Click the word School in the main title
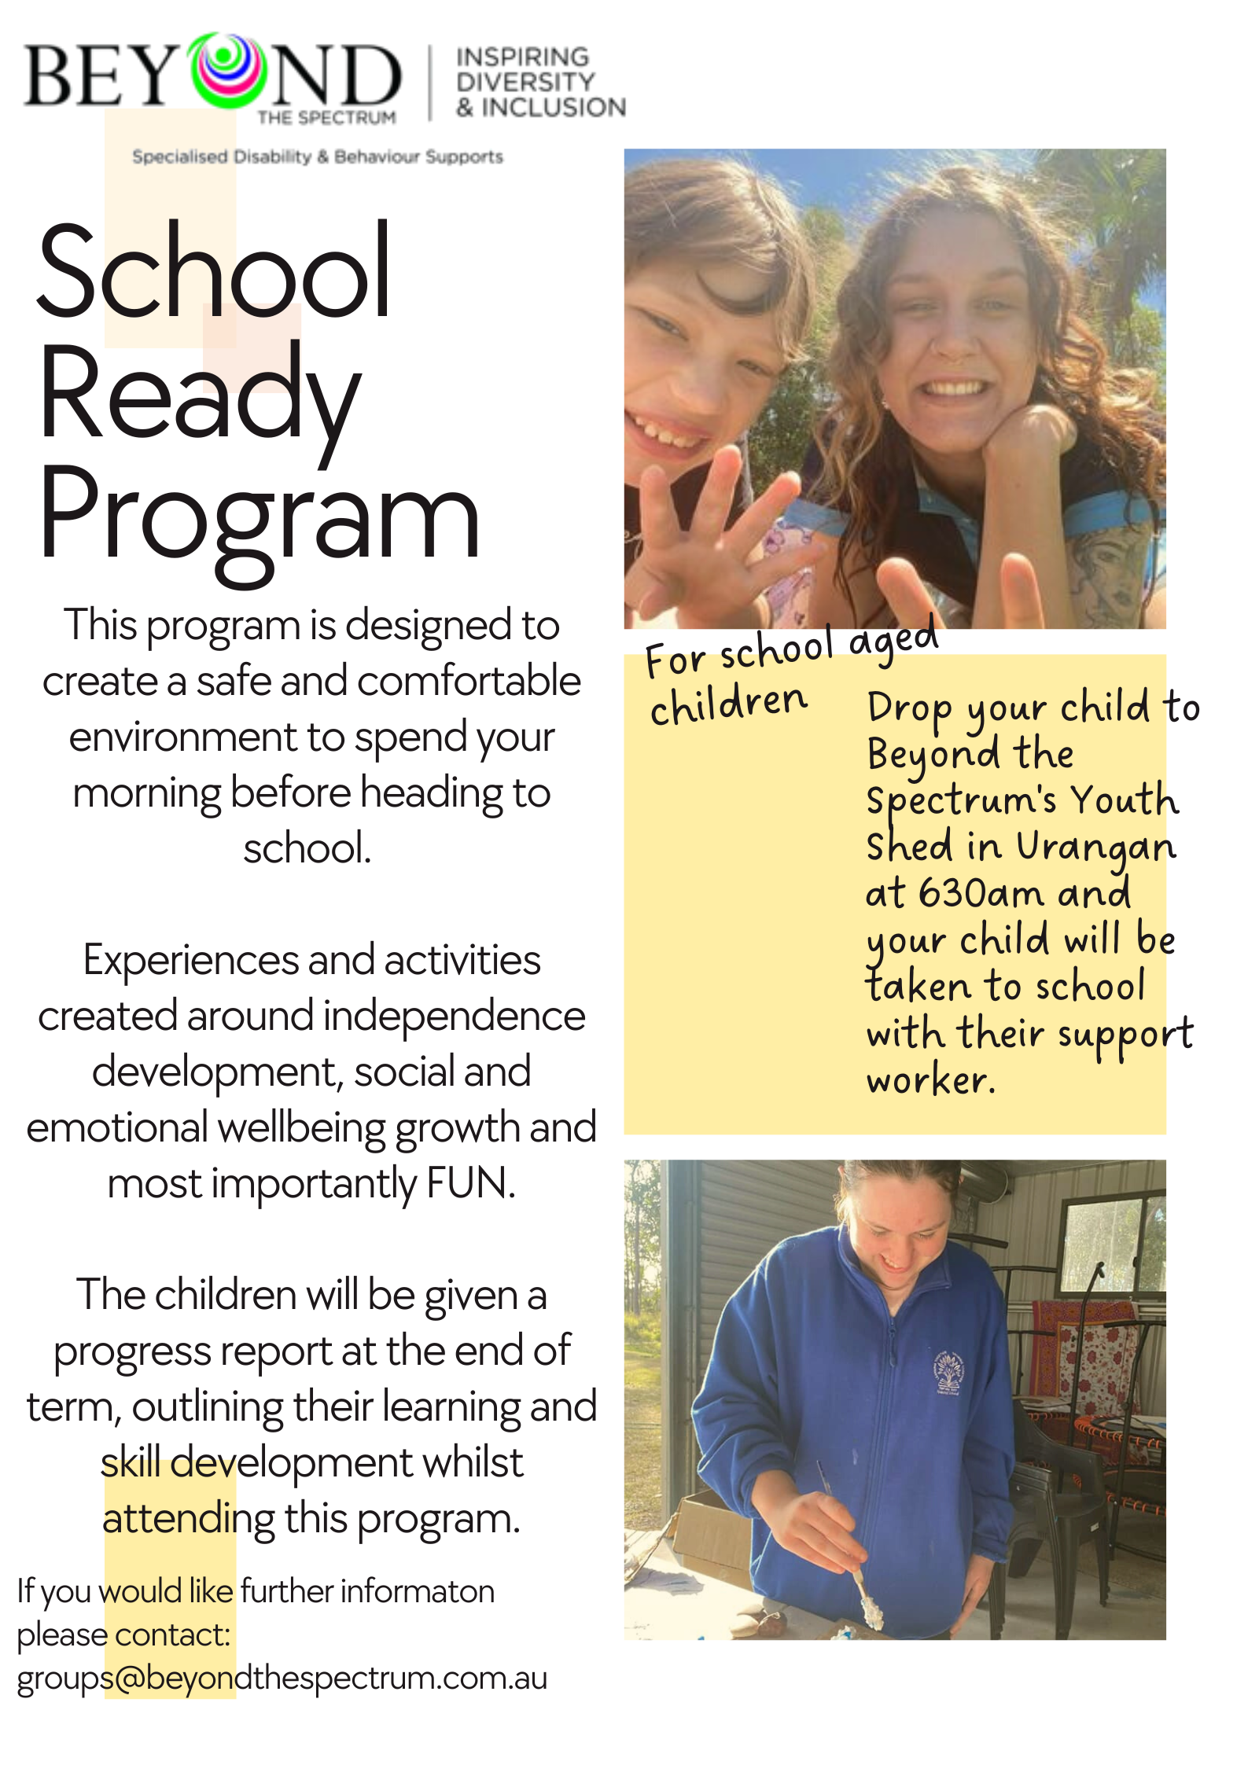[214, 271]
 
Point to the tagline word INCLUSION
[554, 108]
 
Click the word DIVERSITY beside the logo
[525, 82]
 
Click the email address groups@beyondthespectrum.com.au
[282, 1678]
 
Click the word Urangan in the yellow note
[1095, 848]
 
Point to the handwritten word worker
[930, 1080]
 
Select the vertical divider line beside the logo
[430, 83]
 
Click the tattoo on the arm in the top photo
[1109, 570]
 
